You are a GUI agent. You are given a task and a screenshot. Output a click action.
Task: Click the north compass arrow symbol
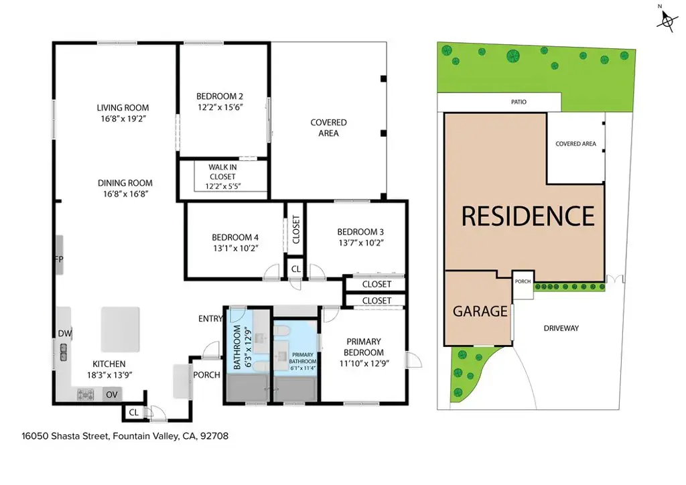coord(667,20)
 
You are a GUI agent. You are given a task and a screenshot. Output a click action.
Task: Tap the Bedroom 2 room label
coord(220,96)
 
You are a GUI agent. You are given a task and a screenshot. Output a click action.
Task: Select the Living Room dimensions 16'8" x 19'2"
coord(123,119)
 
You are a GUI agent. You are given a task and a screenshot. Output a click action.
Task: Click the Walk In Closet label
coord(222,172)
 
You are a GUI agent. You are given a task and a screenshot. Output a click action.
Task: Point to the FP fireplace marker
coord(59,259)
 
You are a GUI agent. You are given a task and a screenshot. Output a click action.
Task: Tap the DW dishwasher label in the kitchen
coord(65,334)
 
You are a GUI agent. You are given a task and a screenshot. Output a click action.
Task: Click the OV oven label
coord(112,395)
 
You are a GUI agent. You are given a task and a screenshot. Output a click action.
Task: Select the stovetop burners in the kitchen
coord(86,395)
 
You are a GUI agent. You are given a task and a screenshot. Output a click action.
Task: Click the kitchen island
coord(121,330)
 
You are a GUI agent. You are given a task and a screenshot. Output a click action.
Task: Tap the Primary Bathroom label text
coord(303,358)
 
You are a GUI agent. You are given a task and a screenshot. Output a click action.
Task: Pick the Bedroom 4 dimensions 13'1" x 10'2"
coord(235,249)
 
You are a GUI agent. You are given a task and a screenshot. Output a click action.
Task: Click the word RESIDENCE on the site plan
coord(528,216)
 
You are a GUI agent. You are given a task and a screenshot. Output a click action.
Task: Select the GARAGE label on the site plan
coord(480,311)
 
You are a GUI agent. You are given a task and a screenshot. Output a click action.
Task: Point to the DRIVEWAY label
coord(561,328)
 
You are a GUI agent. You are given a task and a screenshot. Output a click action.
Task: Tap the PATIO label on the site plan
coord(519,102)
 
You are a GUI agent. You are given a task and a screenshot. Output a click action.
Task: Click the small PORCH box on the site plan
coord(523,285)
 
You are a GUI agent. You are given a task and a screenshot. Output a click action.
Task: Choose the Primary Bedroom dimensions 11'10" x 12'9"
coord(364,364)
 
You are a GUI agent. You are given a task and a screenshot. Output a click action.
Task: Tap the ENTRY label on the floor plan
coord(210,319)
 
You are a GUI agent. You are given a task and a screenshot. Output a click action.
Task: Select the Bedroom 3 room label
coord(360,232)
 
